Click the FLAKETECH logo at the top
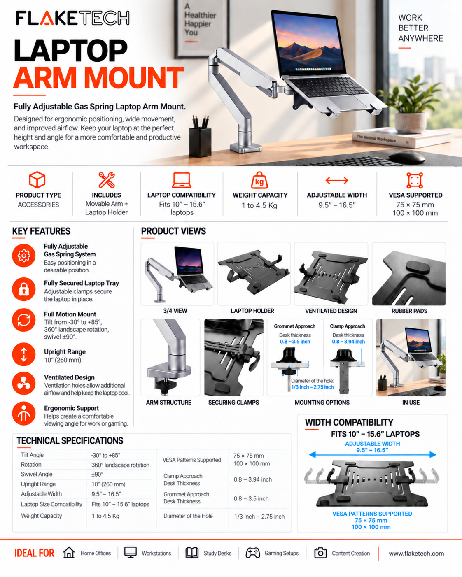point(72,18)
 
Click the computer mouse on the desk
point(407,156)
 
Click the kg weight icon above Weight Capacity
point(259,180)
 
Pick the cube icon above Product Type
point(37,179)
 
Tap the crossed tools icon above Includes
point(107,179)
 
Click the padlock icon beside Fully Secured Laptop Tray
point(24,289)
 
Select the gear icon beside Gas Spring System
point(24,256)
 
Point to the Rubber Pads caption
point(409,311)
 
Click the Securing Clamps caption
point(233,403)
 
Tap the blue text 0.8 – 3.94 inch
point(348,342)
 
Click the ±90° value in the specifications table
point(97,474)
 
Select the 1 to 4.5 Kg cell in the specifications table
point(105,516)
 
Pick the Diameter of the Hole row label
point(188,516)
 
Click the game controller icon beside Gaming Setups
point(253,553)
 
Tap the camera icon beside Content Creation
point(320,553)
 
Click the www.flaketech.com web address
point(416,554)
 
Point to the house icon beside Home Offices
point(69,553)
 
